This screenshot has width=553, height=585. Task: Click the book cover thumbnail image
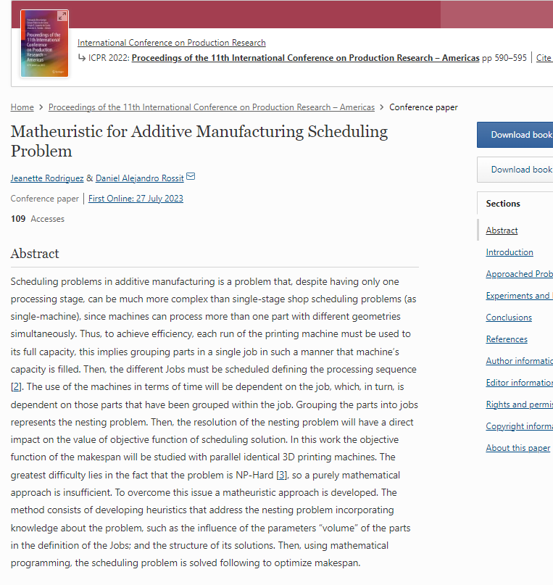click(44, 43)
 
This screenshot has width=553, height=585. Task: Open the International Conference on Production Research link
click(171, 43)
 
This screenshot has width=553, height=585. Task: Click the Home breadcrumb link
click(22, 107)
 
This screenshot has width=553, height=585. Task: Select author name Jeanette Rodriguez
click(47, 178)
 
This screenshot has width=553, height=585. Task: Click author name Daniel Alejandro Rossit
click(139, 178)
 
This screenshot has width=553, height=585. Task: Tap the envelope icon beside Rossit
click(191, 177)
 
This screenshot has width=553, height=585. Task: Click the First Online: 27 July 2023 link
click(136, 199)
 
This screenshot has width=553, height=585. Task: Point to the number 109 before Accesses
click(18, 218)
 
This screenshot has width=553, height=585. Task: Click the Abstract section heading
click(35, 254)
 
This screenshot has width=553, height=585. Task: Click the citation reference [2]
click(16, 386)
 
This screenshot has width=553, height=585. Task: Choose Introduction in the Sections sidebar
click(510, 252)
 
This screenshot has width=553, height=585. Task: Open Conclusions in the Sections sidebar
click(509, 318)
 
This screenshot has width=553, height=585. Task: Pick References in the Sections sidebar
click(507, 339)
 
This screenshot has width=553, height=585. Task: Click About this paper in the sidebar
click(517, 448)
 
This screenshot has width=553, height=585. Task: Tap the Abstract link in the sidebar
click(502, 231)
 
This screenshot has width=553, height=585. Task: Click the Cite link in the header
click(544, 58)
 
